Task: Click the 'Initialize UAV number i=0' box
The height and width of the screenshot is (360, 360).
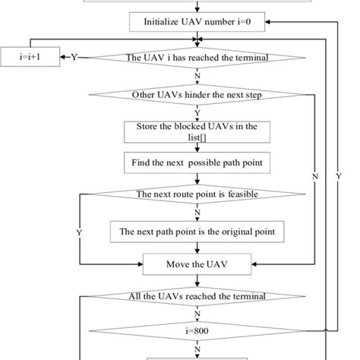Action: [197, 24]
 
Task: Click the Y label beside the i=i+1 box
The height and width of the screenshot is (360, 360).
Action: [74, 57]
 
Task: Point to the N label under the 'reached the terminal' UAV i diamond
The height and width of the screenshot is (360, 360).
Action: [198, 75]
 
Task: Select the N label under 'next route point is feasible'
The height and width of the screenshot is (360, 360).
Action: [198, 212]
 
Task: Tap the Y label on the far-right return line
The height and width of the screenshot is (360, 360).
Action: [337, 176]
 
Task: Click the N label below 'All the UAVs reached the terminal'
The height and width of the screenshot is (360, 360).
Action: [198, 313]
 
